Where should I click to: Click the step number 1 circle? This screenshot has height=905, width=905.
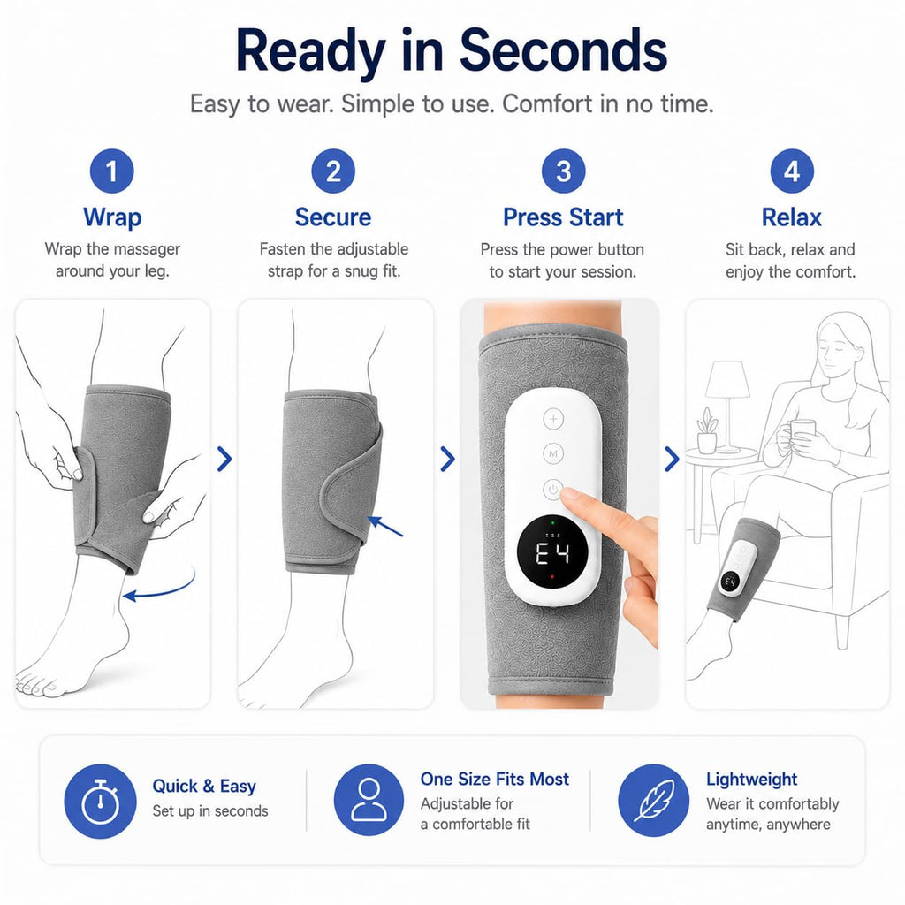tap(112, 171)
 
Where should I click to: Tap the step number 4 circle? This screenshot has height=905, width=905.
tap(792, 171)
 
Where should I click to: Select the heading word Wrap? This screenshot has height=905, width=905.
tap(112, 217)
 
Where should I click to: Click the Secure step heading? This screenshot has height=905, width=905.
tap(333, 217)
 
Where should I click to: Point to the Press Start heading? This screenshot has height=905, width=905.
tap(563, 217)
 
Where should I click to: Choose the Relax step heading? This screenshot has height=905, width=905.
tap(791, 217)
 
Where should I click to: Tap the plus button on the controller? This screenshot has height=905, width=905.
tap(553, 419)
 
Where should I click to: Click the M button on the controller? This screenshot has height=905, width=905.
tap(553, 454)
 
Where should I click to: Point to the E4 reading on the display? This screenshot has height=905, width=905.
tap(552, 554)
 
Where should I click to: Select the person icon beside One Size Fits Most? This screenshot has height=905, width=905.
tap(369, 799)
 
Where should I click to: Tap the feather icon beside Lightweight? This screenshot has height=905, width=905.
tap(654, 801)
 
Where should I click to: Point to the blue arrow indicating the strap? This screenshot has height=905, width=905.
tap(385, 526)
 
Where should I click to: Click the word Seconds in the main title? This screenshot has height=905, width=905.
tap(563, 50)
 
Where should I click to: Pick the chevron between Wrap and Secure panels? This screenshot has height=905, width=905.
tap(224, 459)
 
